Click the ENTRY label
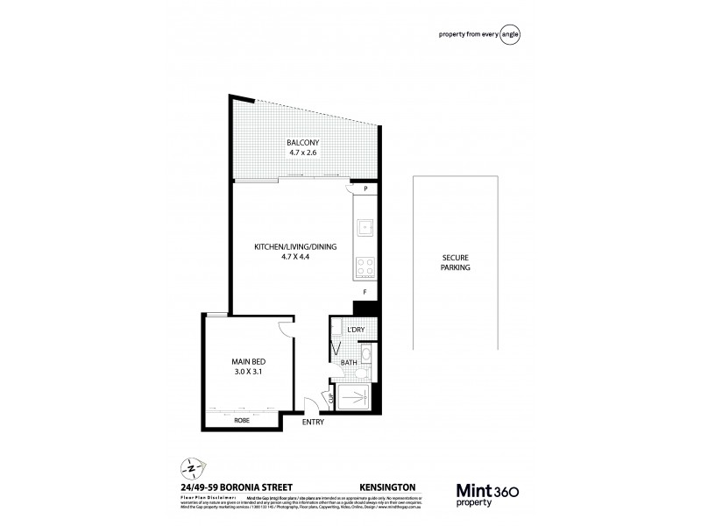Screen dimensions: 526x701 coord(312,422)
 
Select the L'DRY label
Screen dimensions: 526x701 coord(356,330)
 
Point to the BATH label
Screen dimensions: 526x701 coord(350,364)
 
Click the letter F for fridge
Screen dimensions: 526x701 coord(365,290)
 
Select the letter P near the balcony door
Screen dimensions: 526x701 coord(365,188)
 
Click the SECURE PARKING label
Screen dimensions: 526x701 coord(457,262)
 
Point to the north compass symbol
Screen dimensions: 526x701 coord(187,466)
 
